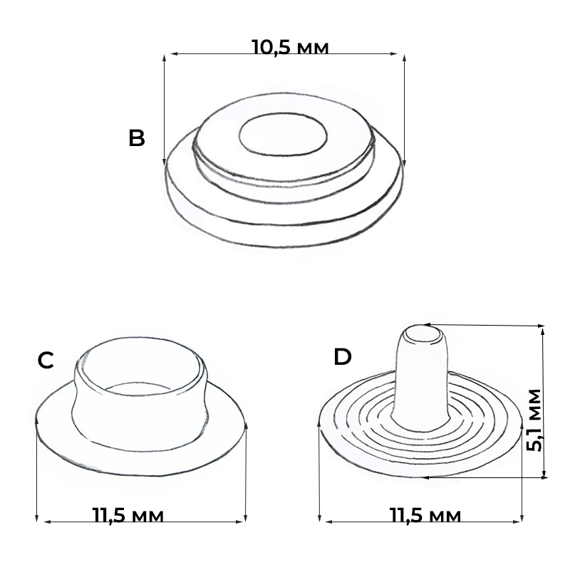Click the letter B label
[x=137, y=138]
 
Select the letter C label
[x=46, y=361]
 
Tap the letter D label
[x=343, y=357]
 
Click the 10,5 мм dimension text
[x=290, y=47]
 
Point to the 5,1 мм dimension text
[x=534, y=420]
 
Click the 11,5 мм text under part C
[x=128, y=515]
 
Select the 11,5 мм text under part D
[x=425, y=515]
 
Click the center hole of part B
[x=283, y=134]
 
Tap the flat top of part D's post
[x=423, y=334]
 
